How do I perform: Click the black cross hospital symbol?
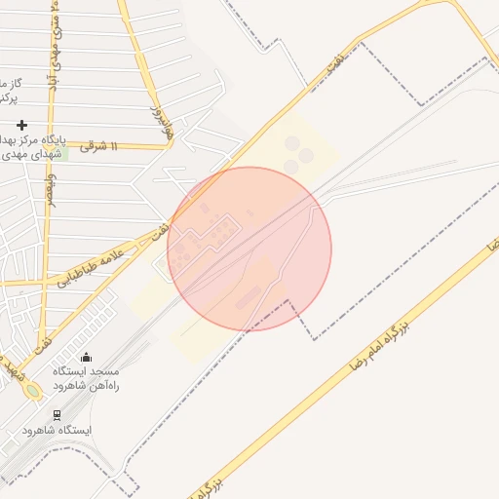(21, 125)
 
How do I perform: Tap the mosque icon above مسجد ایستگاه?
(87, 358)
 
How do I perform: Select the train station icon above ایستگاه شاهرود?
(56, 414)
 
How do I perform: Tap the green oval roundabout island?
(34, 391)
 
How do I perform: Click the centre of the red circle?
(249, 249)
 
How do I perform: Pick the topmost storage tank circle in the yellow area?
(292, 143)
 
